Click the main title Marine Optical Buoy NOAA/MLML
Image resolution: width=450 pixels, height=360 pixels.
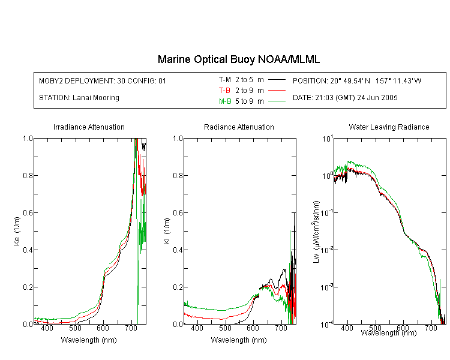238,59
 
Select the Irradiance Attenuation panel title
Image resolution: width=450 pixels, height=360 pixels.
89,127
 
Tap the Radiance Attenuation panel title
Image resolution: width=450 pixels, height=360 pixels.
239,127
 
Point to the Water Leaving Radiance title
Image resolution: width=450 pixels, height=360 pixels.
389,127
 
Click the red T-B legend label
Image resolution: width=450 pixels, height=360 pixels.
224,91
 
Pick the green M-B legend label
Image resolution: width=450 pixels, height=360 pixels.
225,101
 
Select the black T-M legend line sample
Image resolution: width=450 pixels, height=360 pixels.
277,80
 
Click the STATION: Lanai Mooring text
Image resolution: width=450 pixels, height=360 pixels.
79,98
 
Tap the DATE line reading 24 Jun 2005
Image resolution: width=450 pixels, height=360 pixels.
345,98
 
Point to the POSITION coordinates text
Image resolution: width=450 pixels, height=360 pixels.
357,80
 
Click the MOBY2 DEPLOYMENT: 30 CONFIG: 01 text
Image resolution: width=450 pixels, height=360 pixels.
103,80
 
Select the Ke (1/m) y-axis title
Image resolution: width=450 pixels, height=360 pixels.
17,231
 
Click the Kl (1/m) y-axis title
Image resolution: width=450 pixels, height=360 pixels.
166,231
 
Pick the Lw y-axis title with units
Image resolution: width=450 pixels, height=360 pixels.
316,232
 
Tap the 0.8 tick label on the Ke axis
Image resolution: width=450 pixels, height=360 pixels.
28,175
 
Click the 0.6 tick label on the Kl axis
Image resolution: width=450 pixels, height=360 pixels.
178,213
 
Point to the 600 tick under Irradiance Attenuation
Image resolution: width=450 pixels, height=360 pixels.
103,328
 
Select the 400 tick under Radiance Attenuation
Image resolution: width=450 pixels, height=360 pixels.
197,328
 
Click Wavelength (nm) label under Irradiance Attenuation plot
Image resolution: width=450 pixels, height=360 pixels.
89,340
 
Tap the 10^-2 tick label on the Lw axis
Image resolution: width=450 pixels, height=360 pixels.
328,250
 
